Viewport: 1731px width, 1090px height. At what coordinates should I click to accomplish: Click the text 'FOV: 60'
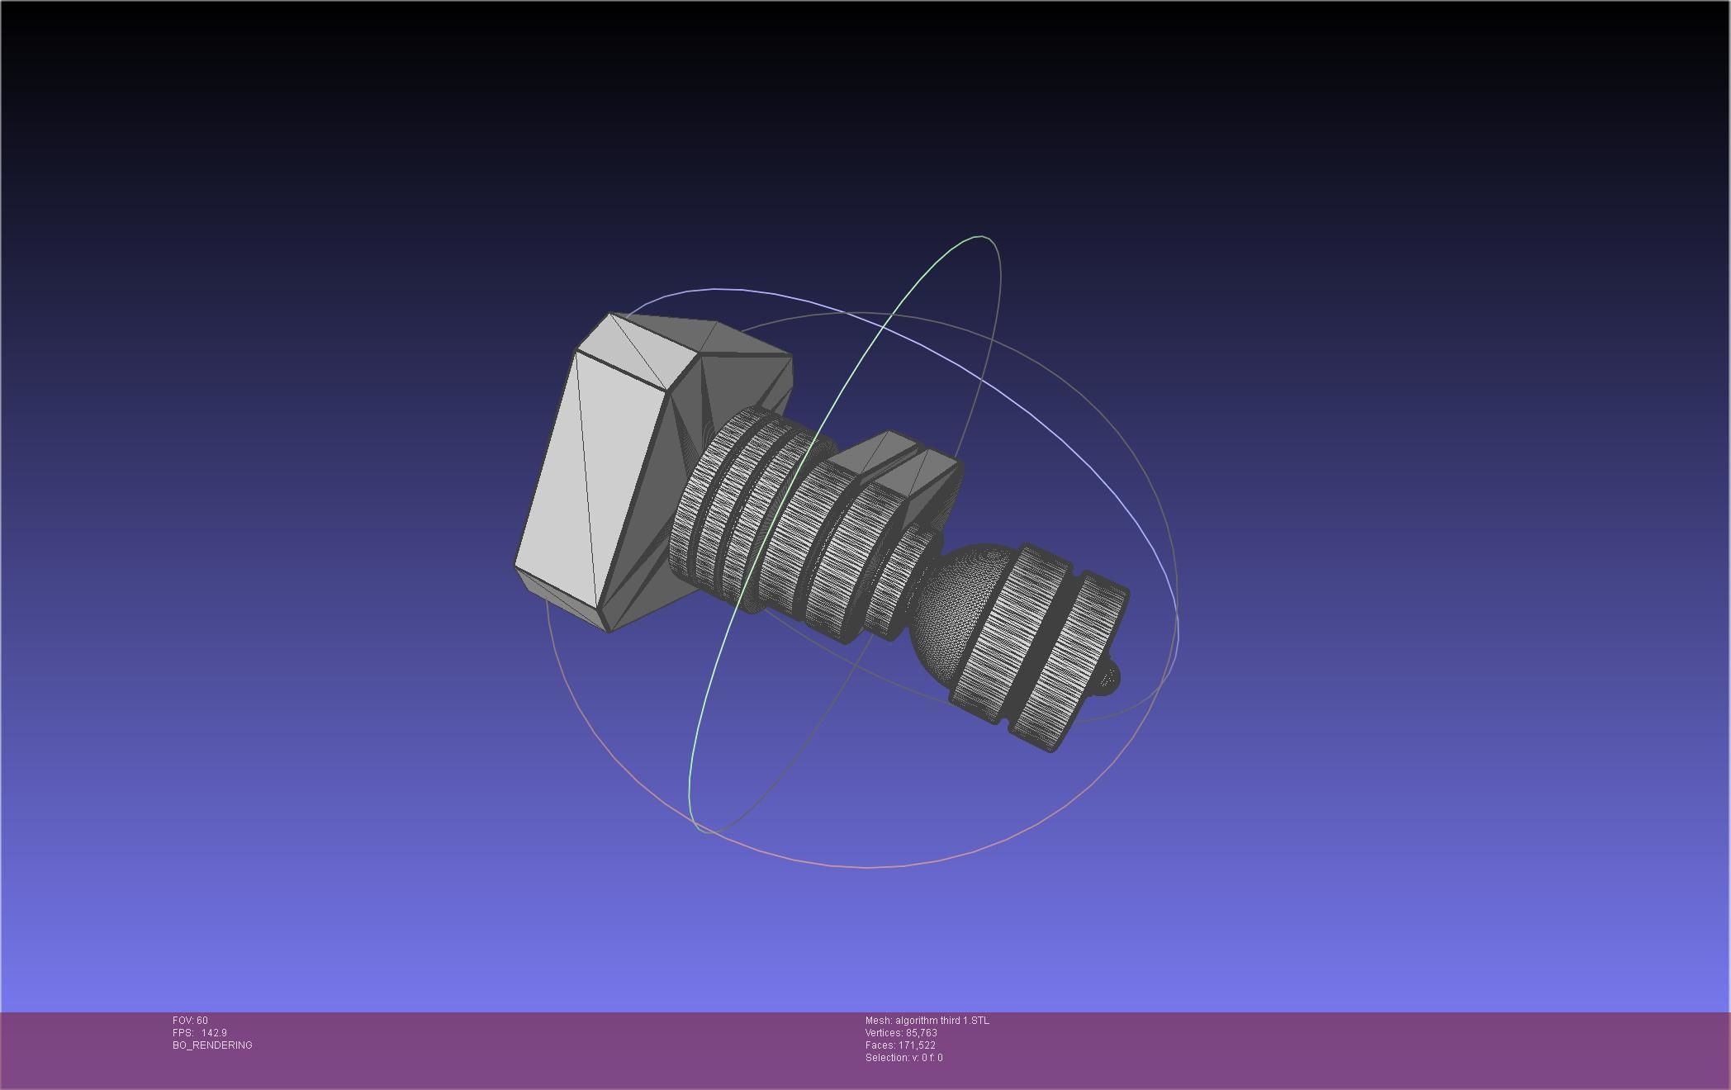(190, 1021)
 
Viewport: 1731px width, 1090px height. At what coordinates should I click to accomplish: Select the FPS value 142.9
(214, 1033)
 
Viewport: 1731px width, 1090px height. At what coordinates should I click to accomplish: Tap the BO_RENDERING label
(212, 1045)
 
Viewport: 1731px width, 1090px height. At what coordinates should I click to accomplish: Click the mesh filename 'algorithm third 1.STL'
(941, 1021)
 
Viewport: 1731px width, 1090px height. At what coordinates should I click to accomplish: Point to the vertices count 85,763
(921, 1033)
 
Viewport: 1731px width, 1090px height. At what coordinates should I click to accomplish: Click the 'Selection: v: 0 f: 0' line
(903, 1058)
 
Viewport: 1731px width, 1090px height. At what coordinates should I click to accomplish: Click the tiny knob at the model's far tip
(1109, 677)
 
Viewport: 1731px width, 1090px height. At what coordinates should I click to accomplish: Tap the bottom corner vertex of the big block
(608, 633)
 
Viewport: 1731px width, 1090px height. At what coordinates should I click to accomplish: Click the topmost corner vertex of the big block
(609, 313)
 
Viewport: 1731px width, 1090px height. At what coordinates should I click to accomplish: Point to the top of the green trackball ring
(980, 237)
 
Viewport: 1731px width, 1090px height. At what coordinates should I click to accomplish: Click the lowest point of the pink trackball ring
(867, 867)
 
